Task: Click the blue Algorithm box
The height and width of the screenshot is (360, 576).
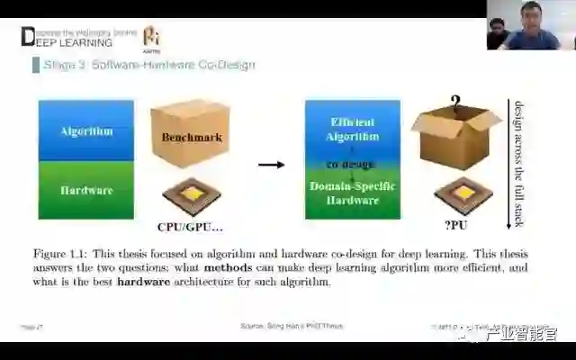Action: (x=85, y=130)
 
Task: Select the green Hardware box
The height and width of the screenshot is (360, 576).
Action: (x=85, y=190)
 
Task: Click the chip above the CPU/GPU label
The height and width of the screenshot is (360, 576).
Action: (x=191, y=196)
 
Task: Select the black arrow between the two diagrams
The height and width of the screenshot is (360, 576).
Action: (x=271, y=165)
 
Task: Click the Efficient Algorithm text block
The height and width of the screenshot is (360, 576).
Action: (x=353, y=130)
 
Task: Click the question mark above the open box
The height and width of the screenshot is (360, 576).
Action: (x=455, y=102)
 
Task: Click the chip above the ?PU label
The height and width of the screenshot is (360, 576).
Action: (x=463, y=194)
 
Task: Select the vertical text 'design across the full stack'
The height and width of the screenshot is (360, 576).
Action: (x=517, y=162)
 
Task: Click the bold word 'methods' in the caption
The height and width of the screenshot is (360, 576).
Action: (x=229, y=268)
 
